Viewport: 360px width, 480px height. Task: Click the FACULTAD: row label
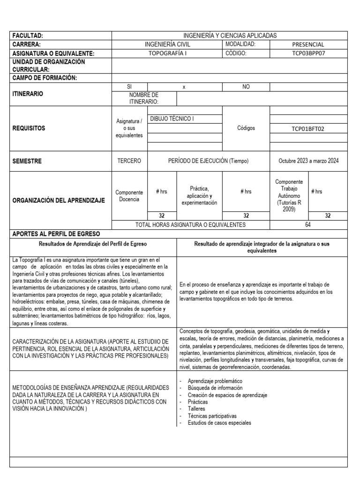point(28,36)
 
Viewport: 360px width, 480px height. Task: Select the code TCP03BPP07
point(308,53)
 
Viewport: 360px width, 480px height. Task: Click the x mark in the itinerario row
point(184,87)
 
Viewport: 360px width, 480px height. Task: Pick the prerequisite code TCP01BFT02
point(308,127)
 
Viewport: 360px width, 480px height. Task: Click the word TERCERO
point(129,161)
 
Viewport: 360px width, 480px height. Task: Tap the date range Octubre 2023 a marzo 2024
point(308,161)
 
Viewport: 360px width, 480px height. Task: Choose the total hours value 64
point(308,225)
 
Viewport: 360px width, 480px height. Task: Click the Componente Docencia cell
point(129,195)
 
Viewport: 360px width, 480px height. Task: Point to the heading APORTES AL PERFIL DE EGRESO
point(56,233)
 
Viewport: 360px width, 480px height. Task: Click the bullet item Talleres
point(196,409)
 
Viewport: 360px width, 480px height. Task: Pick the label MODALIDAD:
point(241,44)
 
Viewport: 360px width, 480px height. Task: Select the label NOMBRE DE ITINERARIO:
point(144,98)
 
